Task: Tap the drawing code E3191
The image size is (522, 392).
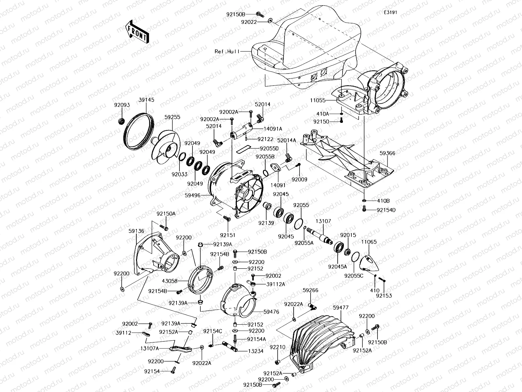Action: [391, 12]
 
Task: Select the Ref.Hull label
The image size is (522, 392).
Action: [227, 51]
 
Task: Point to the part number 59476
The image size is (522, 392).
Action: [271, 312]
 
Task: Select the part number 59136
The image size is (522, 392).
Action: [136, 231]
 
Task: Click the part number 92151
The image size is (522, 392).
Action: [227, 235]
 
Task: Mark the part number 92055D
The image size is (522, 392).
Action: [267, 148]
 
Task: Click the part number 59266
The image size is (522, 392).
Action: [310, 290]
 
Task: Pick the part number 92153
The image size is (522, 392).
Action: [384, 296]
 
